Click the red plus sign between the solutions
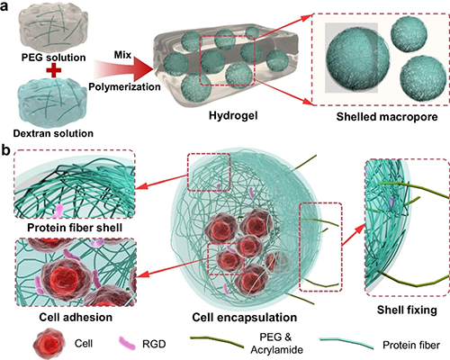(x=54, y=70)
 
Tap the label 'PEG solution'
(x=53, y=58)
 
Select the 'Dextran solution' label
(x=53, y=133)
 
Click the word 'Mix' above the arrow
(x=122, y=55)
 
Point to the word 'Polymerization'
(x=124, y=86)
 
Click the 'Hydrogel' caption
(x=233, y=115)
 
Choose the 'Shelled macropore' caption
(x=387, y=117)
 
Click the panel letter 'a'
(x=4, y=6)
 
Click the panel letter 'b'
(x=5, y=150)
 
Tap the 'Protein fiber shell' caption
(x=75, y=228)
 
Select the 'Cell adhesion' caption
(x=76, y=317)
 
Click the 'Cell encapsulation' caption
(x=245, y=318)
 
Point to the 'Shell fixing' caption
(x=407, y=310)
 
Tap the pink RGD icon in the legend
(x=127, y=343)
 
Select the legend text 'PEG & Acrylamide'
(x=276, y=343)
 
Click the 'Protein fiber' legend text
(x=411, y=345)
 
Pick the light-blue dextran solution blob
(x=53, y=102)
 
